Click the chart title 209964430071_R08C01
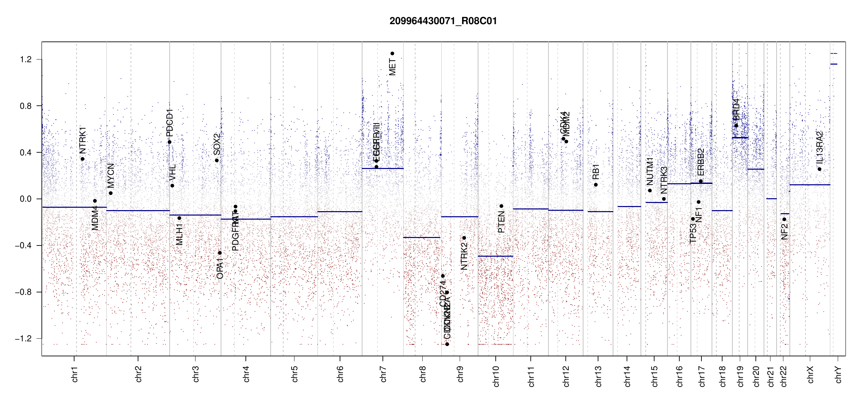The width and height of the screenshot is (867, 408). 443,21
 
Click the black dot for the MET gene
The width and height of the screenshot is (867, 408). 392,53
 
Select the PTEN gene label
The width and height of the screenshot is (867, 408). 501,222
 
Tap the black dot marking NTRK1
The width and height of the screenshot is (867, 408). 82,159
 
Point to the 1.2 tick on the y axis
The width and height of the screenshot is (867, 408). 26,60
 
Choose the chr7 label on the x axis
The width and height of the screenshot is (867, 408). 383,374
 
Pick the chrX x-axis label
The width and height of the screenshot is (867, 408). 810,374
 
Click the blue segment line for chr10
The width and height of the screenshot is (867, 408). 495,256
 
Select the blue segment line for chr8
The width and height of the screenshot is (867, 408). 422,237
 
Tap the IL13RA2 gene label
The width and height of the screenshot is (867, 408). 819,147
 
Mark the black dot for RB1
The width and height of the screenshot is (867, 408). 596,185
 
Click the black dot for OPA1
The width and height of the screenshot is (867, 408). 220,253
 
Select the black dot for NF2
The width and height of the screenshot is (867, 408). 784,219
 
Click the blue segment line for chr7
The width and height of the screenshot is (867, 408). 382,168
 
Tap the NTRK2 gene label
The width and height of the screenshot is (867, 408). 464,256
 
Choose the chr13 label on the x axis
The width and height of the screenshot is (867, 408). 598,376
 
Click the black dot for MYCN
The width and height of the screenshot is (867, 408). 111,193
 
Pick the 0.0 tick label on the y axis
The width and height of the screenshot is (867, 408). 26,199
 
